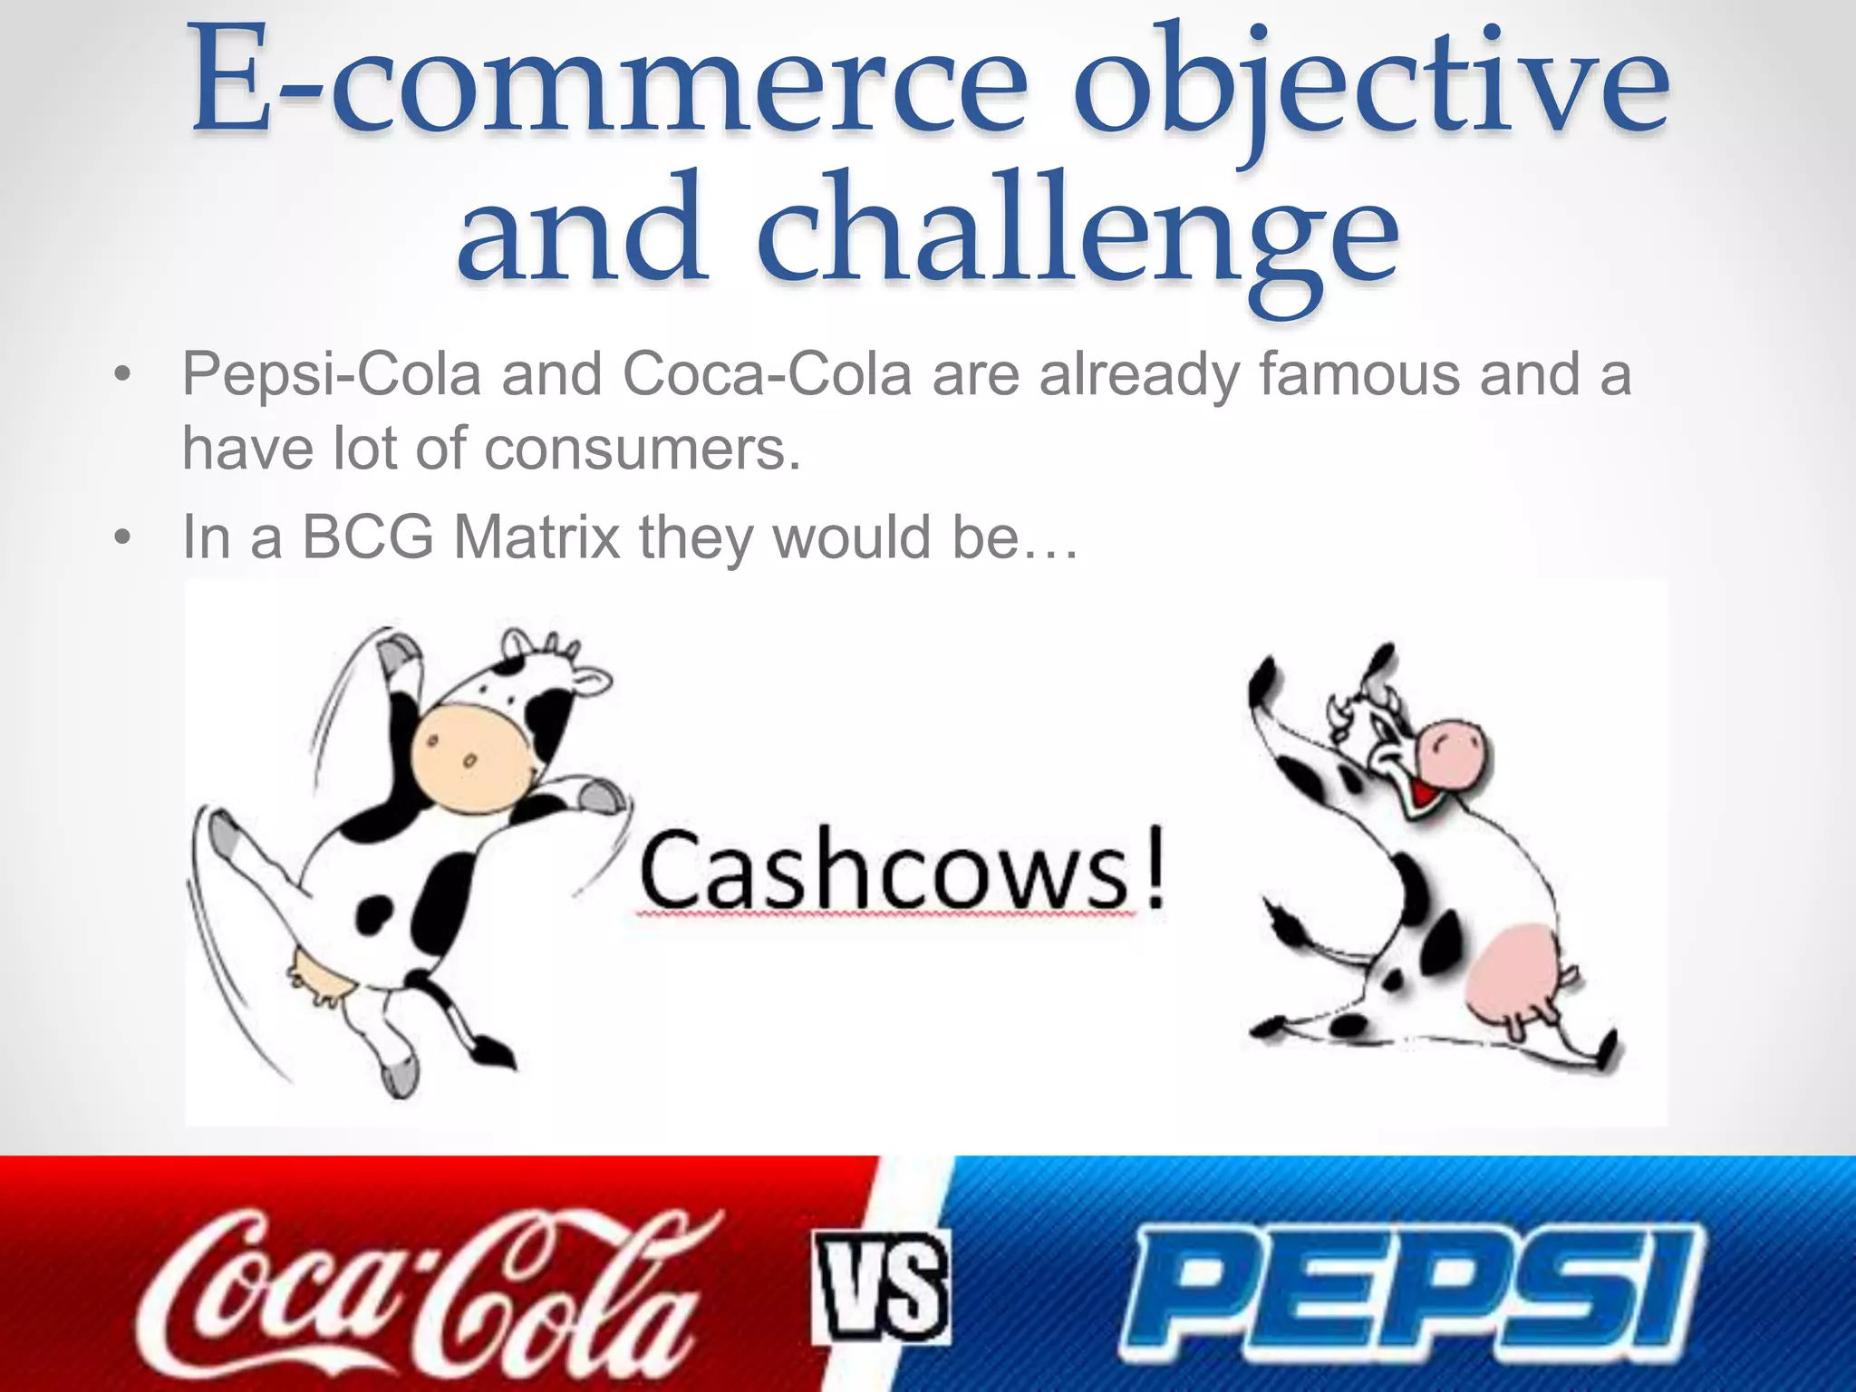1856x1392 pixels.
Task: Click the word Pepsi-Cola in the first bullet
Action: pyautogui.click(x=332, y=374)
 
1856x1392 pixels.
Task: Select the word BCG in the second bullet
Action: pyautogui.click(x=368, y=537)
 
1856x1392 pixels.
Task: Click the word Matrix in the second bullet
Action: pyautogui.click(x=536, y=537)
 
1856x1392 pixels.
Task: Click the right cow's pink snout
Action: pyautogui.click(x=1450, y=752)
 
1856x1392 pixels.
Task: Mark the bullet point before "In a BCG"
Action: pyautogui.click(x=123, y=538)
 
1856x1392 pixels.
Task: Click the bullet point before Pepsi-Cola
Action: pyautogui.click(x=123, y=375)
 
